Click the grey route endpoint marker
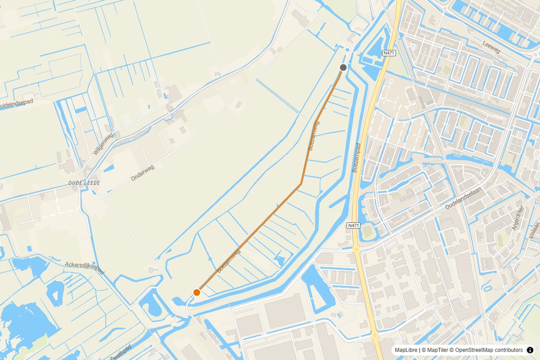point(343,67)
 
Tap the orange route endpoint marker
point(197,292)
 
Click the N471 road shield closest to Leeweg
point(389,53)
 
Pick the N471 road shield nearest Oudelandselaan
point(354,225)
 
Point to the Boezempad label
point(356,158)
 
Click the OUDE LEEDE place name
point(84,183)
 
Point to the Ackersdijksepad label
point(85,268)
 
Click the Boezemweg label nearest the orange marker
point(229,261)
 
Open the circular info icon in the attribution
point(530,350)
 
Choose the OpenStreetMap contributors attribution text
point(488,350)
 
